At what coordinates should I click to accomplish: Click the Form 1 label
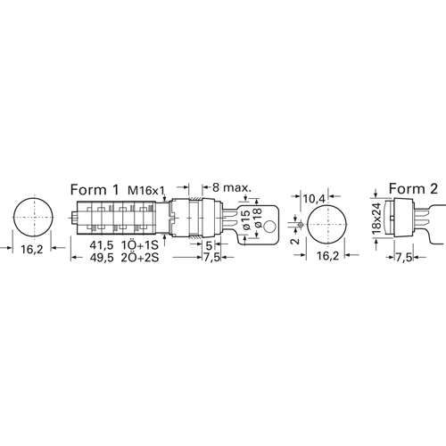pyautogui.click(x=95, y=189)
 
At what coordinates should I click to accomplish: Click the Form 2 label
pyautogui.click(x=413, y=188)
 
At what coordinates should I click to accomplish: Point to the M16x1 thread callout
pyautogui.click(x=146, y=190)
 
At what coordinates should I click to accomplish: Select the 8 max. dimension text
pyautogui.click(x=232, y=187)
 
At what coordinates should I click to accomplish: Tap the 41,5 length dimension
pyautogui.click(x=102, y=245)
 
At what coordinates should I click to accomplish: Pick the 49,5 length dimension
pyautogui.click(x=102, y=258)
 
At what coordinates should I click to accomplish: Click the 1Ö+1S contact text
pyautogui.click(x=140, y=245)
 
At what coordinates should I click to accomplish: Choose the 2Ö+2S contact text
pyautogui.click(x=140, y=258)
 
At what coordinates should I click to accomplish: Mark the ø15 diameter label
pyautogui.click(x=246, y=219)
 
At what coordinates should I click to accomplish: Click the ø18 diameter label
pyautogui.click(x=257, y=218)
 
